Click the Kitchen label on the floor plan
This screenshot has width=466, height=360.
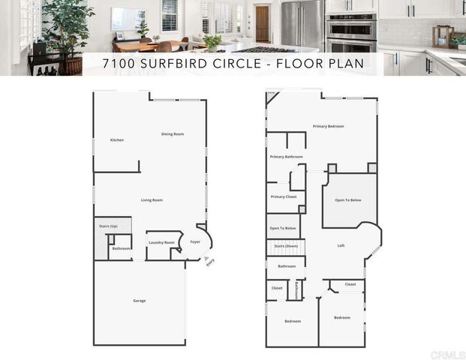click(117, 140)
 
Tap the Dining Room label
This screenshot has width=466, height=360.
click(173, 134)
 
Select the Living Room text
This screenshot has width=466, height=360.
click(152, 200)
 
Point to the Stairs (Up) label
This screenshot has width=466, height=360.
click(109, 226)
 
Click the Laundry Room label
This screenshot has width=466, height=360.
click(161, 242)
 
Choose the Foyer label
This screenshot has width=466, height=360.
click(195, 242)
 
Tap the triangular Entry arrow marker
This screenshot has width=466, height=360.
click(206, 259)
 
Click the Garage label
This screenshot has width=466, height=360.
click(140, 301)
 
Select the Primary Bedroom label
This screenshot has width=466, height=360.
click(328, 126)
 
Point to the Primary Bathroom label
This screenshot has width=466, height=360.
click(286, 157)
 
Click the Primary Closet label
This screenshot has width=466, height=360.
click(284, 196)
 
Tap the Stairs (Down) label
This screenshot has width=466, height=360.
click(286, 246)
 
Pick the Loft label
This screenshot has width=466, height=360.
click(341, 246)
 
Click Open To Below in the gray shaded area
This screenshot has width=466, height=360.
click(348, 200)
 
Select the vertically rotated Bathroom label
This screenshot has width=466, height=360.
click(297, 290)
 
